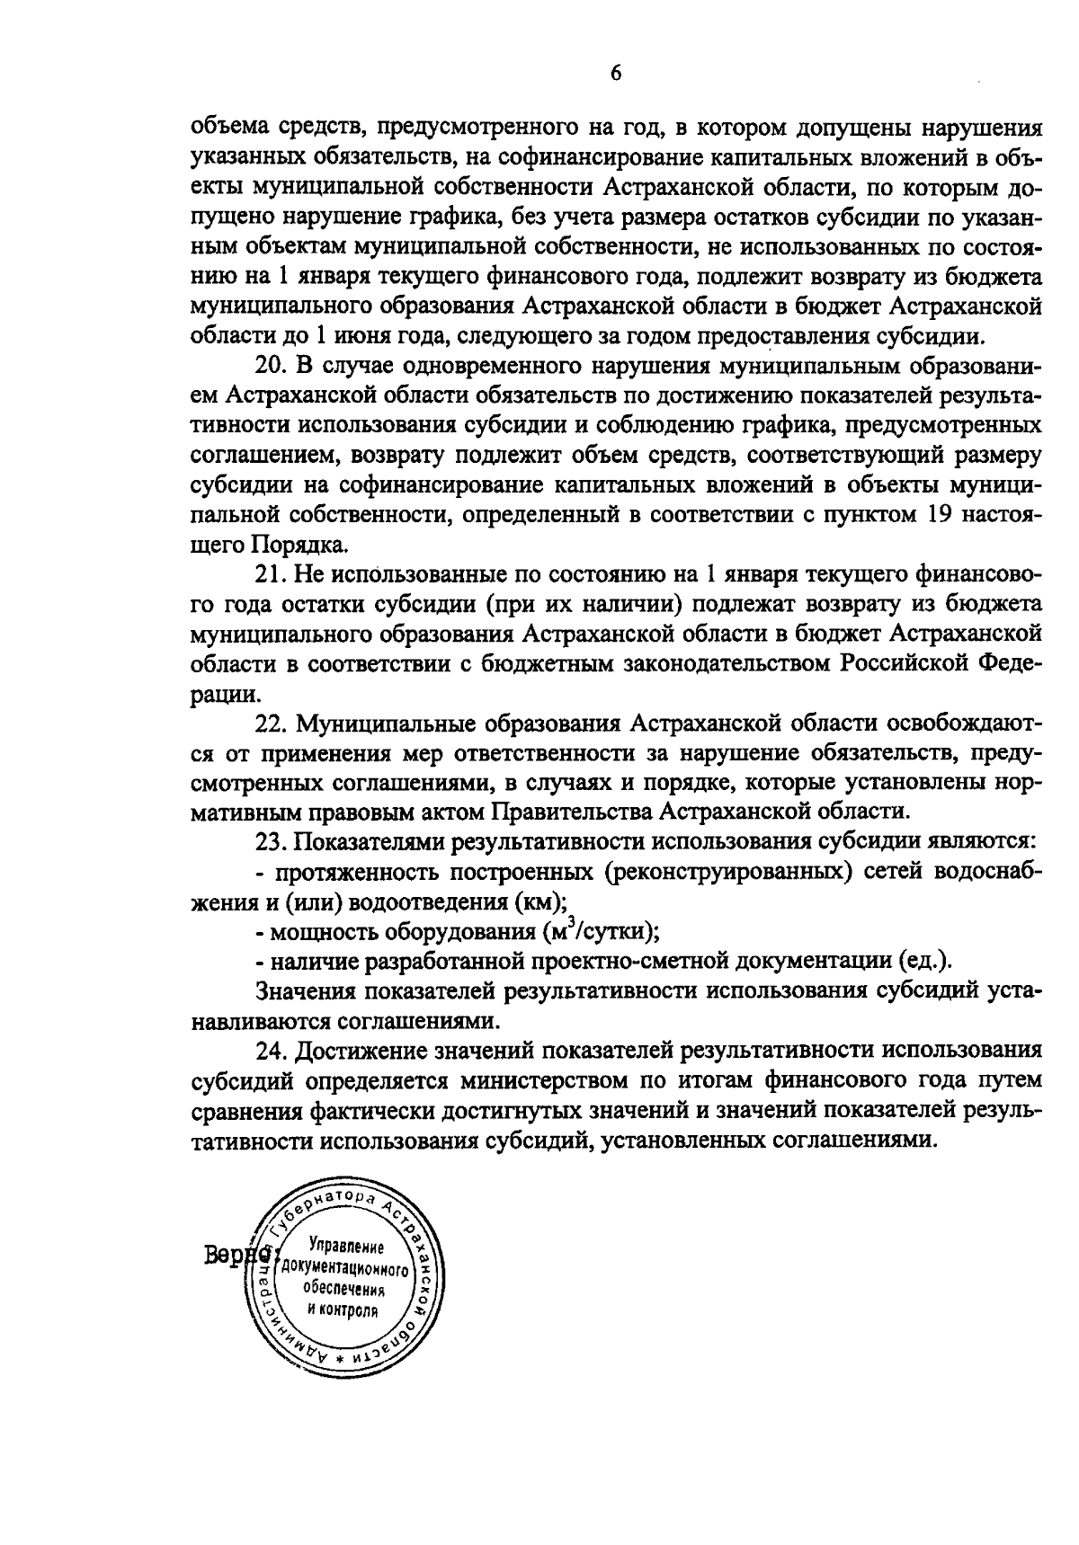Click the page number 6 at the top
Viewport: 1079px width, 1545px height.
coord(616,74)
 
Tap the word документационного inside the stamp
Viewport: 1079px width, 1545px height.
coord(346,1269)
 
